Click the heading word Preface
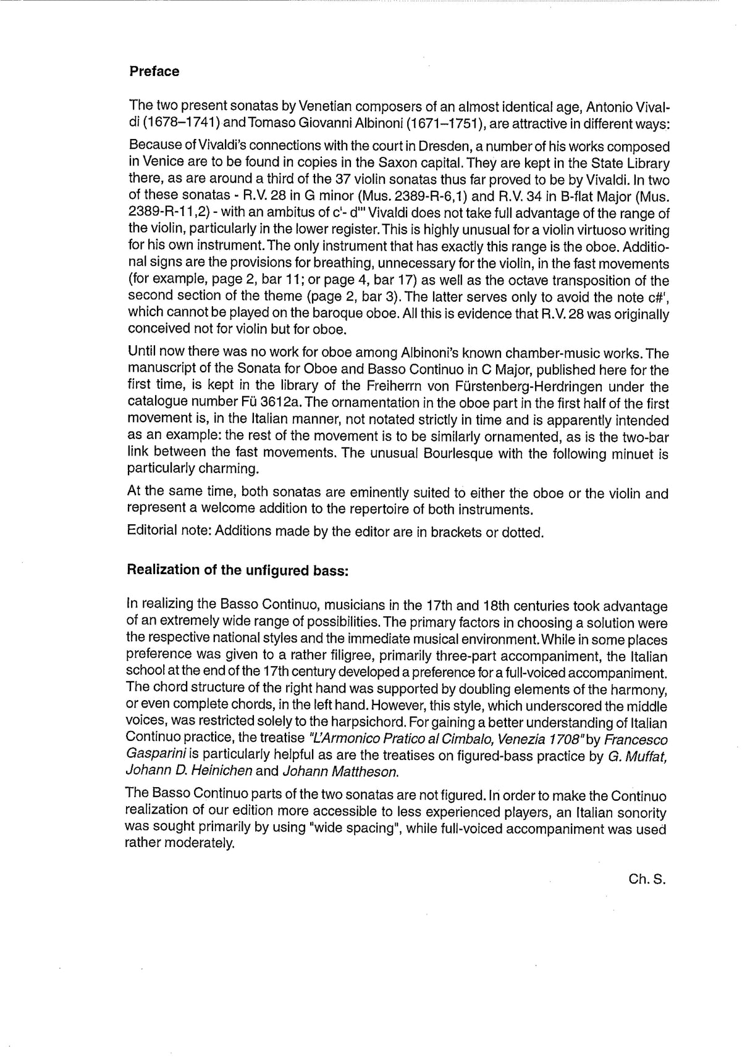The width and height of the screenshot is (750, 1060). coord(154,72)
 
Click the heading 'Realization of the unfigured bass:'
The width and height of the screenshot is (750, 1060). coord(238,570)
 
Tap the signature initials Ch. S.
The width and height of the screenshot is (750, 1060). coord(647,880)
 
